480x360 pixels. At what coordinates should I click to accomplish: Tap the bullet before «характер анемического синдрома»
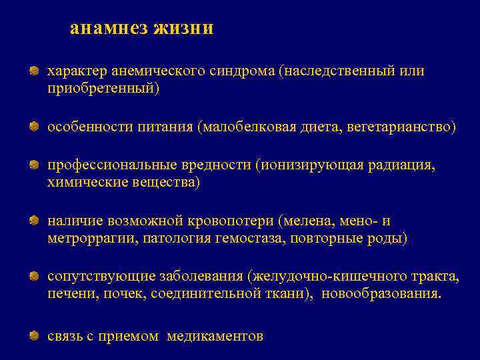[33, 71]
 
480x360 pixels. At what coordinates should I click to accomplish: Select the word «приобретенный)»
[103, 88]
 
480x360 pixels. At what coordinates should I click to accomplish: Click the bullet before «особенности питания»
[33, 127]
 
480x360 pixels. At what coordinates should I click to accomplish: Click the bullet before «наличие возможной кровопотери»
[33, 221]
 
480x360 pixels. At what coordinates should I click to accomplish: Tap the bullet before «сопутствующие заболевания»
[33, 277]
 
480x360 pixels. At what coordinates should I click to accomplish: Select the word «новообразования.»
[381, 294]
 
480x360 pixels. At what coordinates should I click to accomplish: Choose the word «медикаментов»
[215, 337]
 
